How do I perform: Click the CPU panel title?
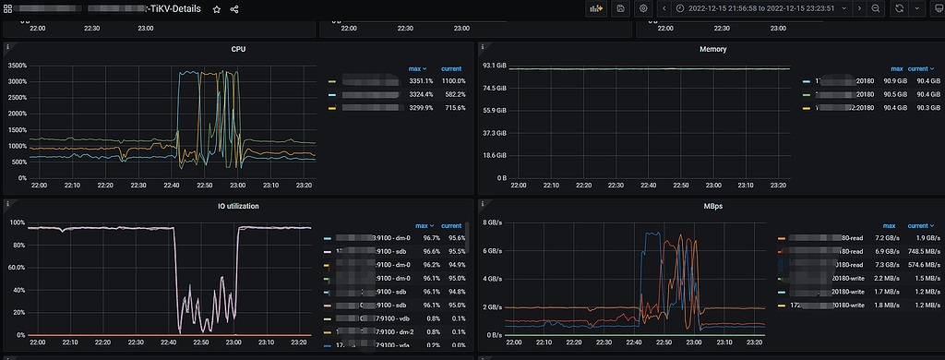point(238,49)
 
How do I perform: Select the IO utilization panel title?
point(238,206)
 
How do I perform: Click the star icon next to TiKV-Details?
point(216,9)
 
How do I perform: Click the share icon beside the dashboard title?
point(234,9)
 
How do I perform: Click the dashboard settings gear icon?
point(644,8)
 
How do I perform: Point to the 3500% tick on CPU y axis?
point(16,66)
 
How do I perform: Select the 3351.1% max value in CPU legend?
point(421,81)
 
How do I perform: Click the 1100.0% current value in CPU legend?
point(451,81)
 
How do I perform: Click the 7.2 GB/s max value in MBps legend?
point(888,238)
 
